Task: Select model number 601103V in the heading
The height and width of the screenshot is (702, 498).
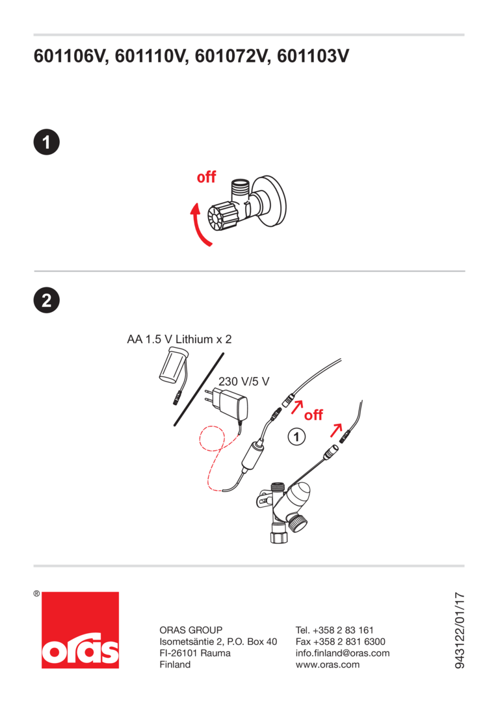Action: click(x=313, y=57)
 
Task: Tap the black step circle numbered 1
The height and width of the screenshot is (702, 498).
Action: click(x=47, y=142)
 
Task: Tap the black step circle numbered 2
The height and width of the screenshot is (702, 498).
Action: click(x=47, y=300)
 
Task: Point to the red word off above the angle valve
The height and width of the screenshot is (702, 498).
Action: click(x=207, y=177)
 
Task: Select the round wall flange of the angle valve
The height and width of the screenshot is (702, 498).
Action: click(x=269, y=201)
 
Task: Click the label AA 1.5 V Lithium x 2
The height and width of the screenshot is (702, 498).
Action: click(x=179, y=339)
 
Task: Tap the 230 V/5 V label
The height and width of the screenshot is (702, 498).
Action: click(x=244, y=382)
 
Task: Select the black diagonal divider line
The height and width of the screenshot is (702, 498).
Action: click(x=199, y=389)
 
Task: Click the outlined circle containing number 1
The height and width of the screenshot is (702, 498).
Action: click(x=296, y=437)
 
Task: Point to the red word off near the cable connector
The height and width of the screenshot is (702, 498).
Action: click(x=313, y=415)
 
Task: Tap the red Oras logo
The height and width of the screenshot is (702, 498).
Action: click(x=80, y=630)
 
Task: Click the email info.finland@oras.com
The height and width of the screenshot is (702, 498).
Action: click(x=343, y=653)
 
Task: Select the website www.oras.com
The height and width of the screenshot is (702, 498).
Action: click(x=328, y=665)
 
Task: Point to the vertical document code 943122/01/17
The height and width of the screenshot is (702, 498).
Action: click(x=460, y=630)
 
